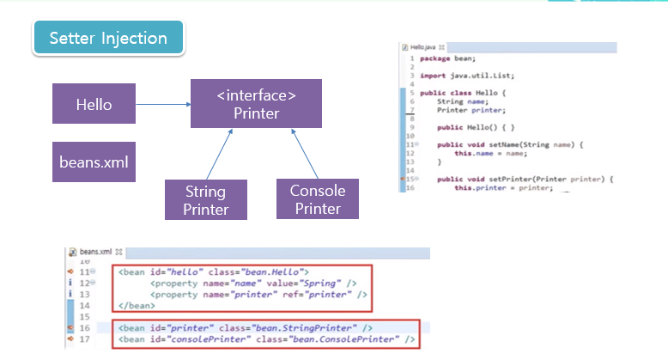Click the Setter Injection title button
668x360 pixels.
pos(108,38)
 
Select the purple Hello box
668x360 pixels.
pos(94,105)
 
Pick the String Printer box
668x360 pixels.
pos(205,198)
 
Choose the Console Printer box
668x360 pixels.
pos(317,198)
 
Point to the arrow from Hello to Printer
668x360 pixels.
pos(163,105)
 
